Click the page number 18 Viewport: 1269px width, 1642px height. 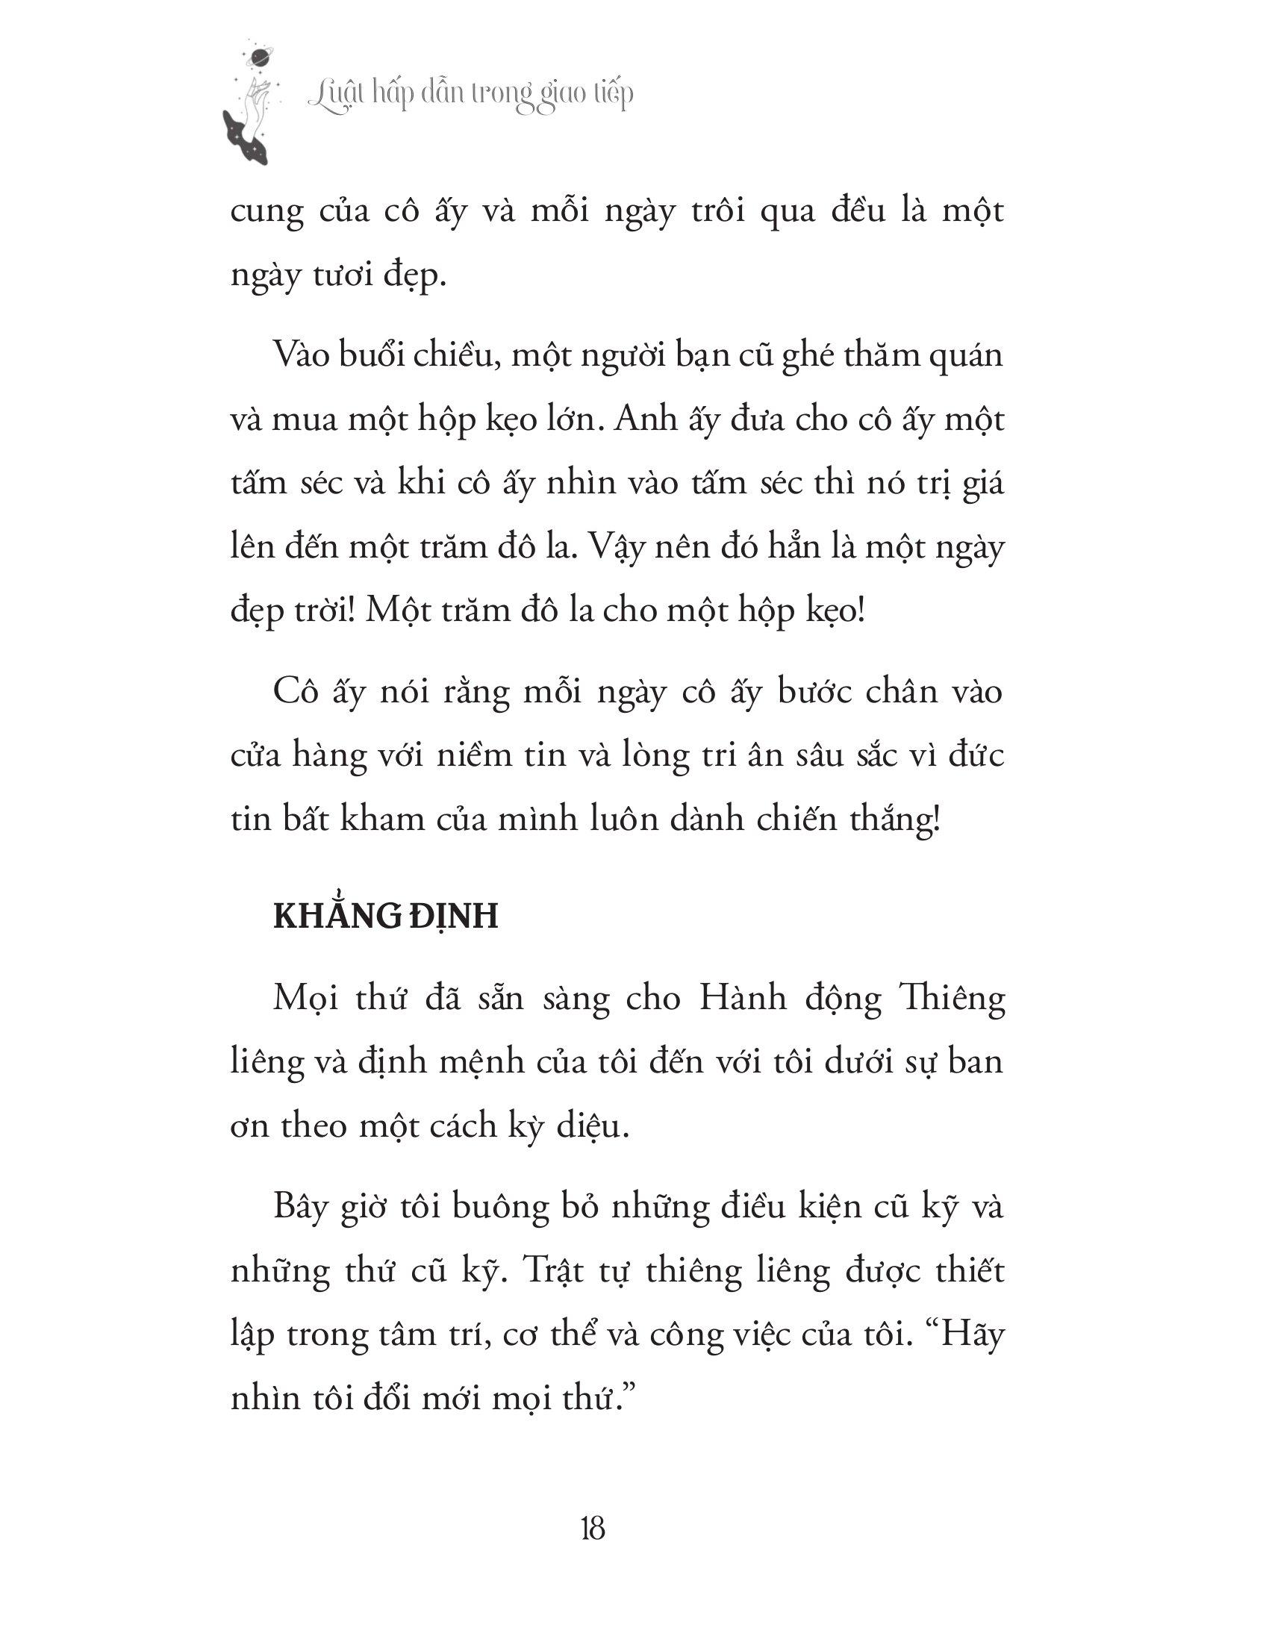593,1529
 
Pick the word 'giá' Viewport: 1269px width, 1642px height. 979,484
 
